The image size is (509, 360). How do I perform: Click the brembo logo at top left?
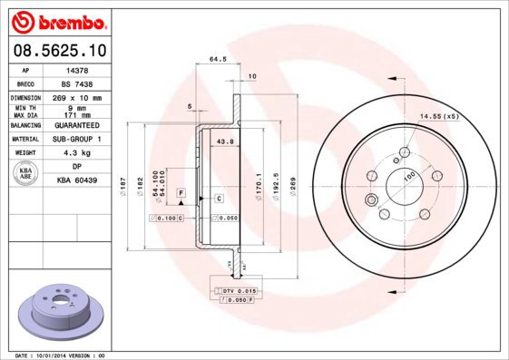pos(58,20)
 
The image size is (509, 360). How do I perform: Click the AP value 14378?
pos(77,69)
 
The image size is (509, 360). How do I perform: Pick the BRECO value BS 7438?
pos(77,83)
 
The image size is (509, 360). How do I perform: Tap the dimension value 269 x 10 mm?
pos(77,97)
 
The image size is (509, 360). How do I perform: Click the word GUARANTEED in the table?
pos(77,125)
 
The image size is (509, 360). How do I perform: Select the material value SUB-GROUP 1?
pos(77,140)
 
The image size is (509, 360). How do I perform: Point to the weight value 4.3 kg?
pos(77,153)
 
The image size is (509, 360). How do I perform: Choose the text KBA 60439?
pos(77,180)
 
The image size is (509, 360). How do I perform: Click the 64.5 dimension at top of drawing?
pos(218,61)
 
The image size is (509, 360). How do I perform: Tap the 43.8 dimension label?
pos(226,141)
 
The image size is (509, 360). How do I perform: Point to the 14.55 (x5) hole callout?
pos(438,117)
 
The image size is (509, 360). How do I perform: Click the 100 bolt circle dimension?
pos(408,176)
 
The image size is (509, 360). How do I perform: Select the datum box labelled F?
pos(181,194)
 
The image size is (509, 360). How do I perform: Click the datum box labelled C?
pos(220,198)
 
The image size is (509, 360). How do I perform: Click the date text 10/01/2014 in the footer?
pos(58,355)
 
